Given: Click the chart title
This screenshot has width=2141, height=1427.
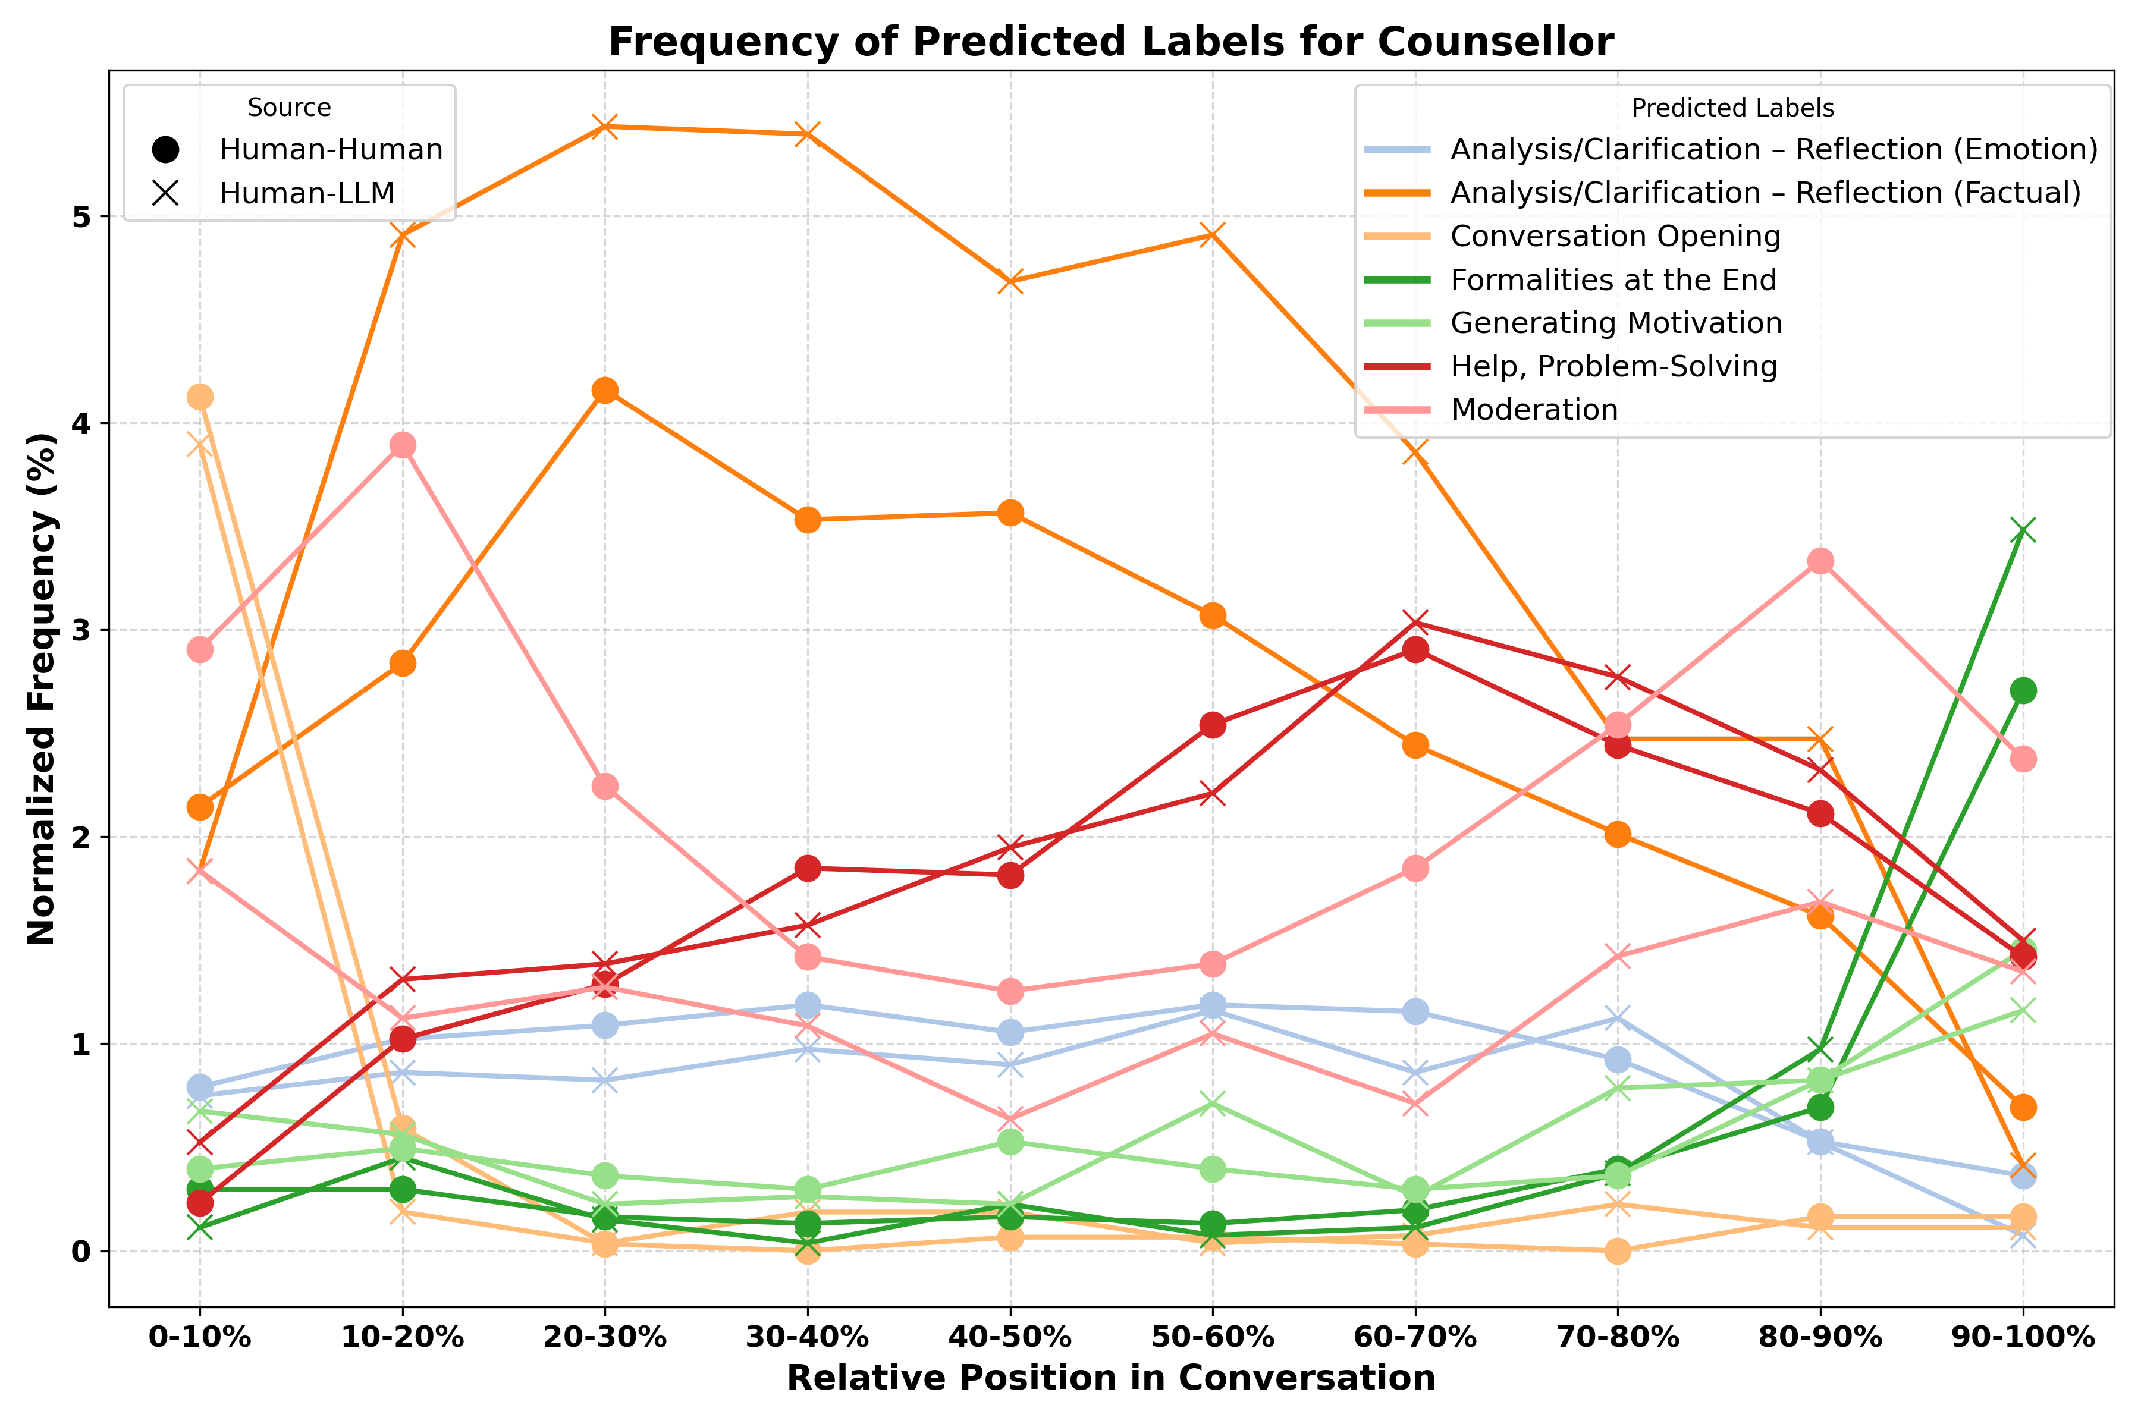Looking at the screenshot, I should click(x=1110, y=42).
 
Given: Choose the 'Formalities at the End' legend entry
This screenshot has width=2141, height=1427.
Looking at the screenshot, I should click(x=1613, y=279).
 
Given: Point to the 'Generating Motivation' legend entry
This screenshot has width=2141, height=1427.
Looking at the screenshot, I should click(x=1616, y=323).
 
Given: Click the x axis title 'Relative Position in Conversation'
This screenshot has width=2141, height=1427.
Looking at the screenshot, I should click(x=1110, y=1378).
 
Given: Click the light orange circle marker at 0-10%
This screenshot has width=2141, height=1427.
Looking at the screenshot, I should click(x=199, y=397).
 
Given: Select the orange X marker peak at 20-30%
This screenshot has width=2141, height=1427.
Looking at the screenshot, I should click(x=604, y=127).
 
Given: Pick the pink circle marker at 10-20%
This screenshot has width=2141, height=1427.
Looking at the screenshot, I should click(x=403, y=445).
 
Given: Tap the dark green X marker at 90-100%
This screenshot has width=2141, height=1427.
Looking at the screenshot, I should click(x=2023, y=530).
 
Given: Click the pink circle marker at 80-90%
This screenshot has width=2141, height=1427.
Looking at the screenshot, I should click(x=1820, y=561).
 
